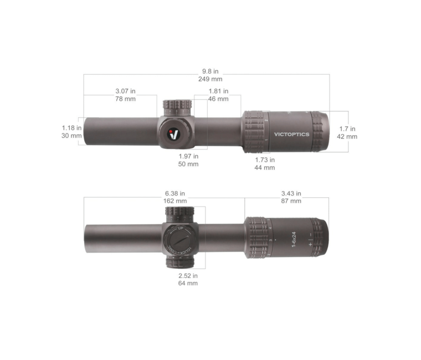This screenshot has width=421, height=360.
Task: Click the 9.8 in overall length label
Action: coord(210,71)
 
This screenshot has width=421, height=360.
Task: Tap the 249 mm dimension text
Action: coord(210,79)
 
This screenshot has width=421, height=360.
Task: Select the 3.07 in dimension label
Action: coord(125,91)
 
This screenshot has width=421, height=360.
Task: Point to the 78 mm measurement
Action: coord(125,99)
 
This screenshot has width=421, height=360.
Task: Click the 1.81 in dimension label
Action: coord(218,91)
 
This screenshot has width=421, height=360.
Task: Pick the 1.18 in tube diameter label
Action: coord(71,127)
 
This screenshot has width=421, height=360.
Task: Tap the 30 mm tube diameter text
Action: coord(71,136)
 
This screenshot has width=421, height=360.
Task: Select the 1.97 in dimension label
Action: coord(188,156)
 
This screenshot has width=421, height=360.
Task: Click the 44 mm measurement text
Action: coord(265,168)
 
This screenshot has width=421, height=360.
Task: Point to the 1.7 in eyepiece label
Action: coord(347,128)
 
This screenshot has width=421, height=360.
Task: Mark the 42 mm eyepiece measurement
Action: coord(347,136)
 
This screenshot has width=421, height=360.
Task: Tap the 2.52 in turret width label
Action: coord(188,275)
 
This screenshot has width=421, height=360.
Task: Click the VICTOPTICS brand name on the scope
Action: coord(292,134)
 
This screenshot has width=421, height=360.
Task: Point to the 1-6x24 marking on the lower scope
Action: coord(294,239)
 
